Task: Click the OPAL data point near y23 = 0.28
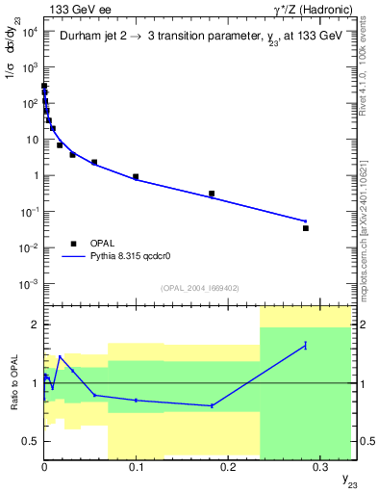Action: (x=306, y=228)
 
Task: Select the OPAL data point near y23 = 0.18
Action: (x=212, y=194)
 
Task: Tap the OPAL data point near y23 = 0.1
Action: (x=136, y=177)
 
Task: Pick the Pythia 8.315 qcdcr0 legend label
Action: (x=131, y=257)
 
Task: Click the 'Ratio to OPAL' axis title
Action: (x=13, y=383)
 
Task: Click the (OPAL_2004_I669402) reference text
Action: (x=199, y=288)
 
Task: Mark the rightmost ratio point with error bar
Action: (x=306, y=345)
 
